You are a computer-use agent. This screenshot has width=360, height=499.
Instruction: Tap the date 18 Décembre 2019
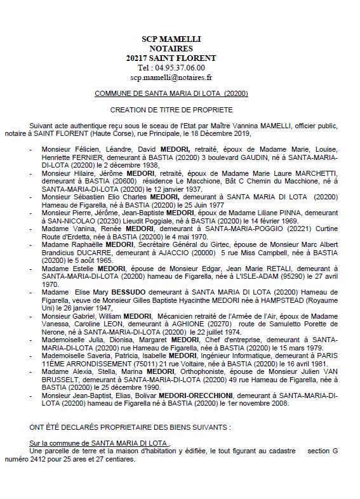tap(225, 134)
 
